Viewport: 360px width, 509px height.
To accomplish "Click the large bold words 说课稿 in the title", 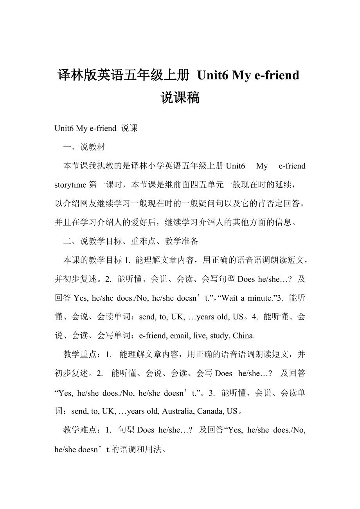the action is pyautogui.click(x=180, y=97).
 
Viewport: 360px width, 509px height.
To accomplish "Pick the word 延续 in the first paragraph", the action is pyautogui.click(x=282, y=185).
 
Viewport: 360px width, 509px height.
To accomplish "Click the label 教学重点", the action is pyautogui.click(x=80, y=355).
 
